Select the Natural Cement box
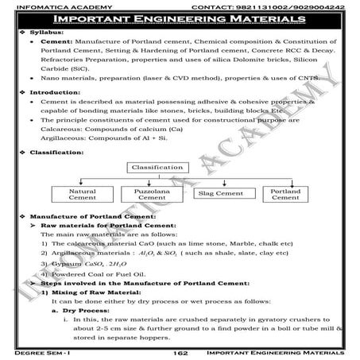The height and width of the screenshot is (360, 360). click(82, 195)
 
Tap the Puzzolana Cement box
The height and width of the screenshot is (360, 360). click(149, 195)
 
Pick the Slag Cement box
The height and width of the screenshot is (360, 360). click(219, 192)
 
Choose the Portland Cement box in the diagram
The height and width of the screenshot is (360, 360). click(285, 195)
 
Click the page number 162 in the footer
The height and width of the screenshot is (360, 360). click(180, 350)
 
